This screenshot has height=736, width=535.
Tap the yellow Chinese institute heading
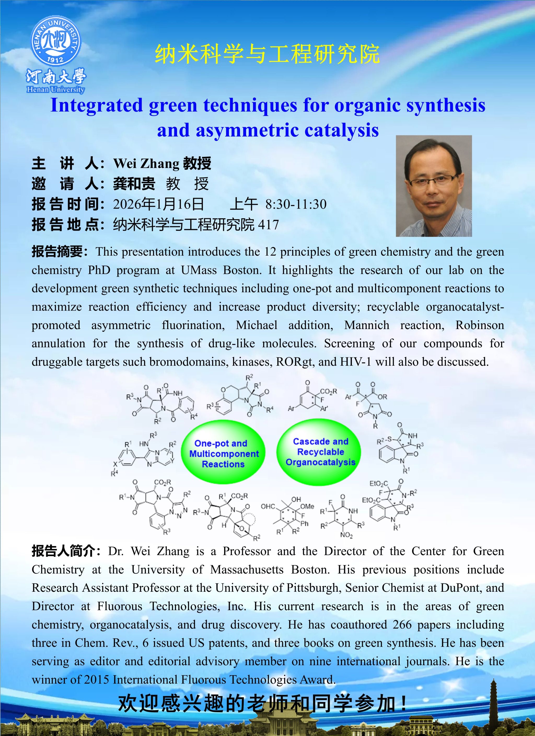pyautogui.click(x=267, y=54)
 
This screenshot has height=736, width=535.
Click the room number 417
pyautogui.click(x=268, y=225)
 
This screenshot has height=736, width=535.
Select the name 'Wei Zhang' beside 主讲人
pyautogui.click(x=146, y=163)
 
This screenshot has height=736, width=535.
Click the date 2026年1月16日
pyautogui.click(x=158, y=204)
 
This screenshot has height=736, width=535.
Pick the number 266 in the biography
pyautogui.click(x=402, y=624)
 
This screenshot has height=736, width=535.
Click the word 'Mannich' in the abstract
pyautogui.click(x=367, y=325)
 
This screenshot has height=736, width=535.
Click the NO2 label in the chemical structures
pyautogui.click(x=346, y=535)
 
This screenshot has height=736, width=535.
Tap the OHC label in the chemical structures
pyautogui.click(x=268, y=507)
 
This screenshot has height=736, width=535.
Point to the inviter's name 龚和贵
pyautogui.click(x=134, y=184)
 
